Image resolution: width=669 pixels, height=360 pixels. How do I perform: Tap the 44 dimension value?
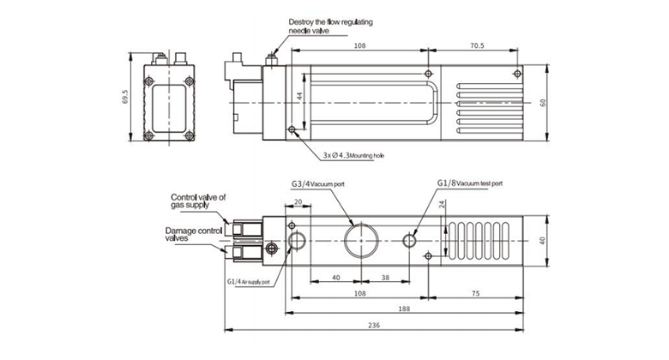click(x=300, y=98)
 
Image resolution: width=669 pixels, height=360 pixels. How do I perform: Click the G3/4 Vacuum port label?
click(x=321, y=184)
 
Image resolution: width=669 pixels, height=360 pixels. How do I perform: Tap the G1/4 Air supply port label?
click(x=249, y=281)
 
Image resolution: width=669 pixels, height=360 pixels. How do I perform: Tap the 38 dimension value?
click(x=385, y=278)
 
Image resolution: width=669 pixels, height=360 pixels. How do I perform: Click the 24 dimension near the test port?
click(x=442, y=206)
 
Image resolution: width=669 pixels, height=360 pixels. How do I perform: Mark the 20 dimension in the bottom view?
click(x=298, y=201)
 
